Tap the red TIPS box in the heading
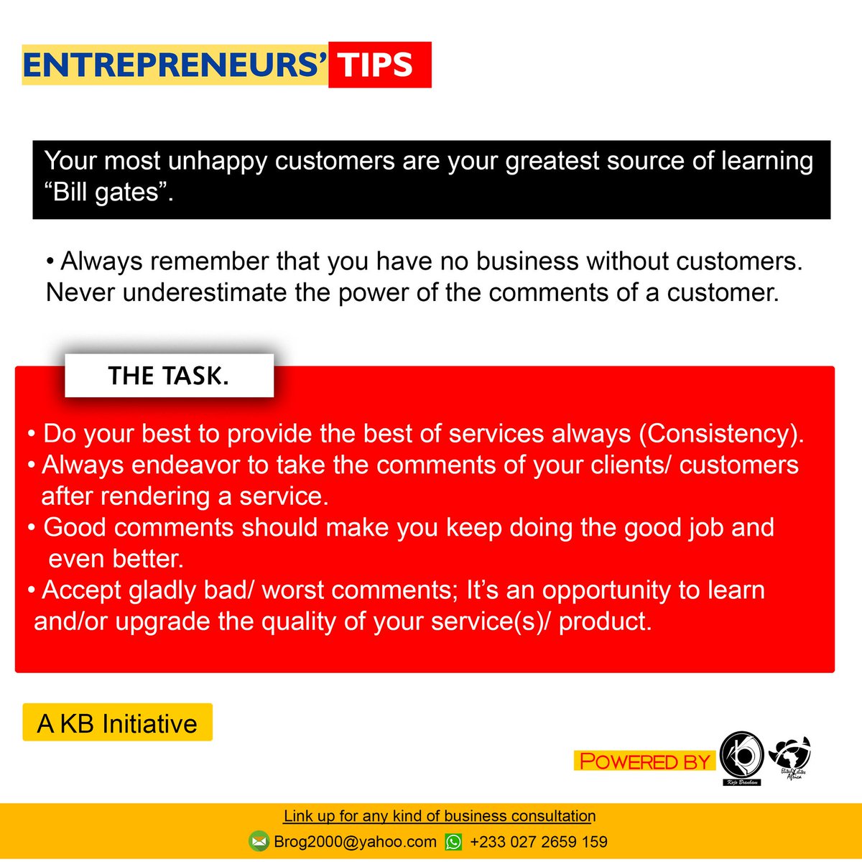click(379, 65)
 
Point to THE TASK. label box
click(169, 376)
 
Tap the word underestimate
click(205, 293)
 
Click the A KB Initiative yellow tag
click(118, 723)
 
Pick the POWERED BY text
click(644, 761)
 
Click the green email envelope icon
click(259, 841)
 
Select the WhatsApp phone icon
click(454, 841)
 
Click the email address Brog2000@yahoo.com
click(355, 841)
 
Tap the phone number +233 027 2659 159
click(539, 841)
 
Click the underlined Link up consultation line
click(439, 816)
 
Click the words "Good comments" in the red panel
click(139, 528)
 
